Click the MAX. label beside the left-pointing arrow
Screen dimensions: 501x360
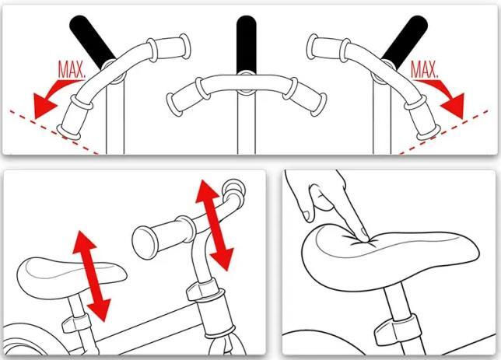point(72,69)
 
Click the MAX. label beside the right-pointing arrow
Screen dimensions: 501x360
point(424,69)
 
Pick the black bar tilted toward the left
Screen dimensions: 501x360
point(92,41)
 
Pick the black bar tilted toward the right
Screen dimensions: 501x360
point(405,41)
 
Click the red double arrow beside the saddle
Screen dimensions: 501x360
point(91,276)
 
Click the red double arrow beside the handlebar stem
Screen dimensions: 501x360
point(213,225)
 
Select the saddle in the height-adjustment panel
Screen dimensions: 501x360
point(72,277)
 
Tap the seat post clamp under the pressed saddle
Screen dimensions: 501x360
point(395,331)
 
